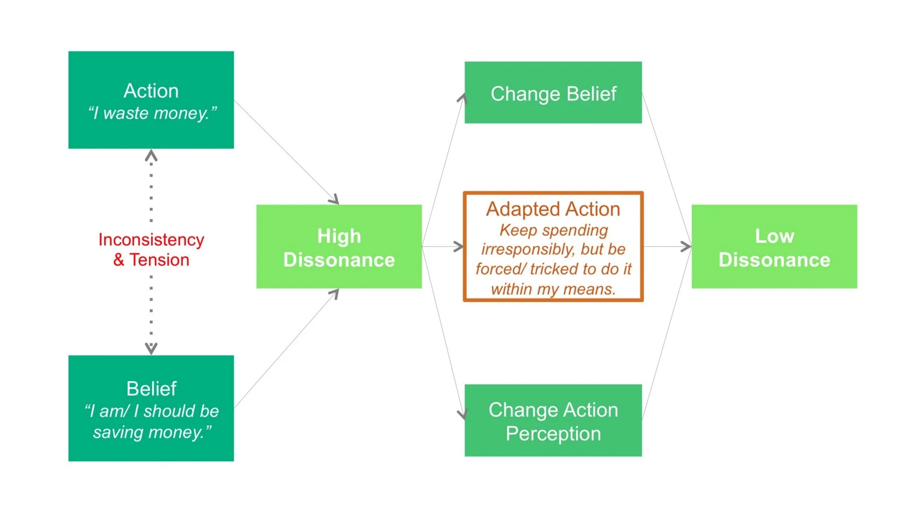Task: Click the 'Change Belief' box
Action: pos(553,92)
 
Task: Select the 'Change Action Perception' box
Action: pos(553,420)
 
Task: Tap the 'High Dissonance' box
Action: pos(339,246)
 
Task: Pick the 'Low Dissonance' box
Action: pos(774,246)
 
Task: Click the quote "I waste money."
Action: pos(152,113)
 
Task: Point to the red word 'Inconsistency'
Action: pos(152,240)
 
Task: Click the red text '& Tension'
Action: pos(152,260)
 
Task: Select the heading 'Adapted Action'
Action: pos(553,209)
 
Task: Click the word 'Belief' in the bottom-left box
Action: pos(152,389)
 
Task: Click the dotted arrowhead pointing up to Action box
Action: pos(151,156)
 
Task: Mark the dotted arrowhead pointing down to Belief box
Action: pos(151,349)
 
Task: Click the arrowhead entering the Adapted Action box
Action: pos(459,246)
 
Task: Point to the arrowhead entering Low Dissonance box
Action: pos(686,246)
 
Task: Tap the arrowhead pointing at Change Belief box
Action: pos(462,98)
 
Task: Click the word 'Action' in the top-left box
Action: pos(151,91)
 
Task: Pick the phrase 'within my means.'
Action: pos(553,289)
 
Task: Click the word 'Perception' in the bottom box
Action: pos(553,434)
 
